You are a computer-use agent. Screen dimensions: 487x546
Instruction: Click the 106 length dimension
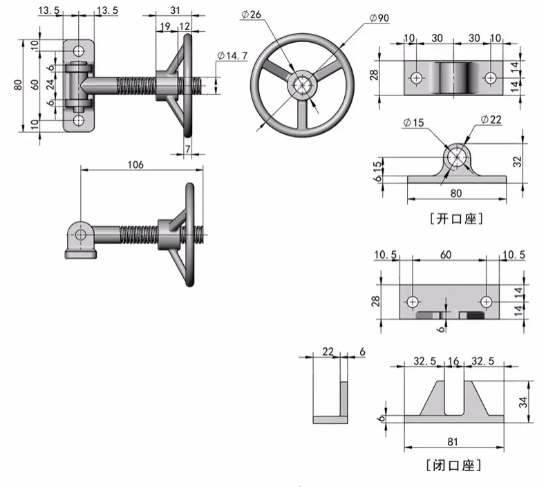[136, 164]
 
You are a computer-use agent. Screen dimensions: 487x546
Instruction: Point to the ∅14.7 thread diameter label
[232, 55]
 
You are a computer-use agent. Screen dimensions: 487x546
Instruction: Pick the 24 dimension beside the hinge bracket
[50, 84]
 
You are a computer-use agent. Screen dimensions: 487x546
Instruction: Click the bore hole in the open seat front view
[456, 157]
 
